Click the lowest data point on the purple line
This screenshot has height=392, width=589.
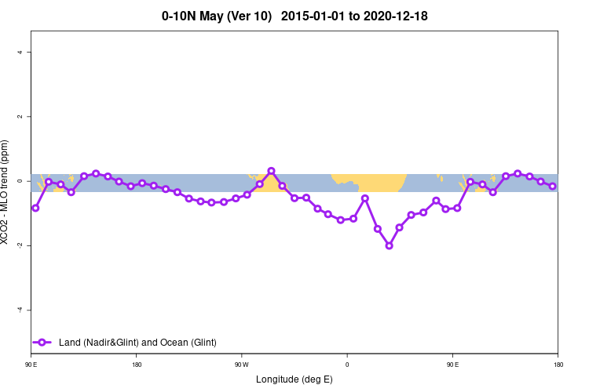point(389,245)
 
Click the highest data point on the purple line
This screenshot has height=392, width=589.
point(271,171)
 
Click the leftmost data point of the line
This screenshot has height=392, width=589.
point(35,208)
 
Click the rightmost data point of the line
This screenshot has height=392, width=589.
point(553,186)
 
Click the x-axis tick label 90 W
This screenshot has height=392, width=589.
point(241,365)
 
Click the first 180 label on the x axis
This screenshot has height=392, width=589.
point(137,365)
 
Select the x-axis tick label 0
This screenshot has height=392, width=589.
point(347,365)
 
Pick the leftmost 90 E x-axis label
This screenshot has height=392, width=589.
point(31,365)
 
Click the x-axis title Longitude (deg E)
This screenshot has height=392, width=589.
point(294,379)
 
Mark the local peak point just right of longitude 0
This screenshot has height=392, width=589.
point(365,198)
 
